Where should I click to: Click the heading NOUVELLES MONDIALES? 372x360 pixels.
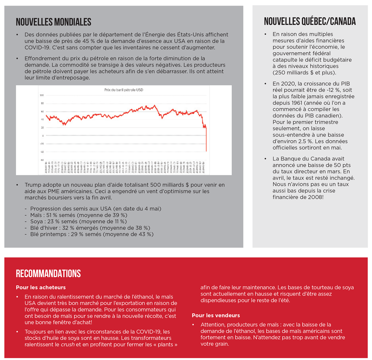(53, 22)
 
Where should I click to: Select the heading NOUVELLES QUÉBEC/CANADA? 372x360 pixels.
(310, 22)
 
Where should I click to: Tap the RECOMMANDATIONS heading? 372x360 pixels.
(48, 274)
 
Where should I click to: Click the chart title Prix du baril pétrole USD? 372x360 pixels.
(124, 90)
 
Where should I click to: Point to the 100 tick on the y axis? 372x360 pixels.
(42, 95)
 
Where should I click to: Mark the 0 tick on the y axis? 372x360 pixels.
(43, 135)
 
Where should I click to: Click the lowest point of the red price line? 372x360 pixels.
(206, 151)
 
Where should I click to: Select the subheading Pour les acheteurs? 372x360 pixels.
(41, 287)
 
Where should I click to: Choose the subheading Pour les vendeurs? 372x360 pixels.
(216, 315)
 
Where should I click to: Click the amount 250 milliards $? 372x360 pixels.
(298, 73)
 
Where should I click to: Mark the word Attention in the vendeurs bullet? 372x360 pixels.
(214, 324)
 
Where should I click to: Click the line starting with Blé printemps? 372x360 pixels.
(89, 234)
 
